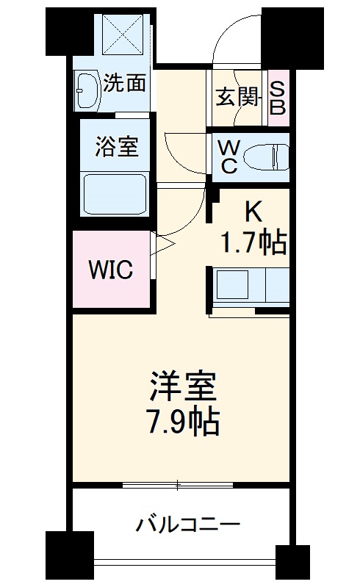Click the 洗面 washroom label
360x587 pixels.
point(124,82)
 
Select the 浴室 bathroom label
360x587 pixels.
point(116,146)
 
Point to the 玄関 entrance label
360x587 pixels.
point(234,97)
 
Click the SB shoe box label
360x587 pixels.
point(277,97)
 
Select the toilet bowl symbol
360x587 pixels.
point(264,156)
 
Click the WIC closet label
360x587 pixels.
point(110,270)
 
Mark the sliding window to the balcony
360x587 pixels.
point(179,485)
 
